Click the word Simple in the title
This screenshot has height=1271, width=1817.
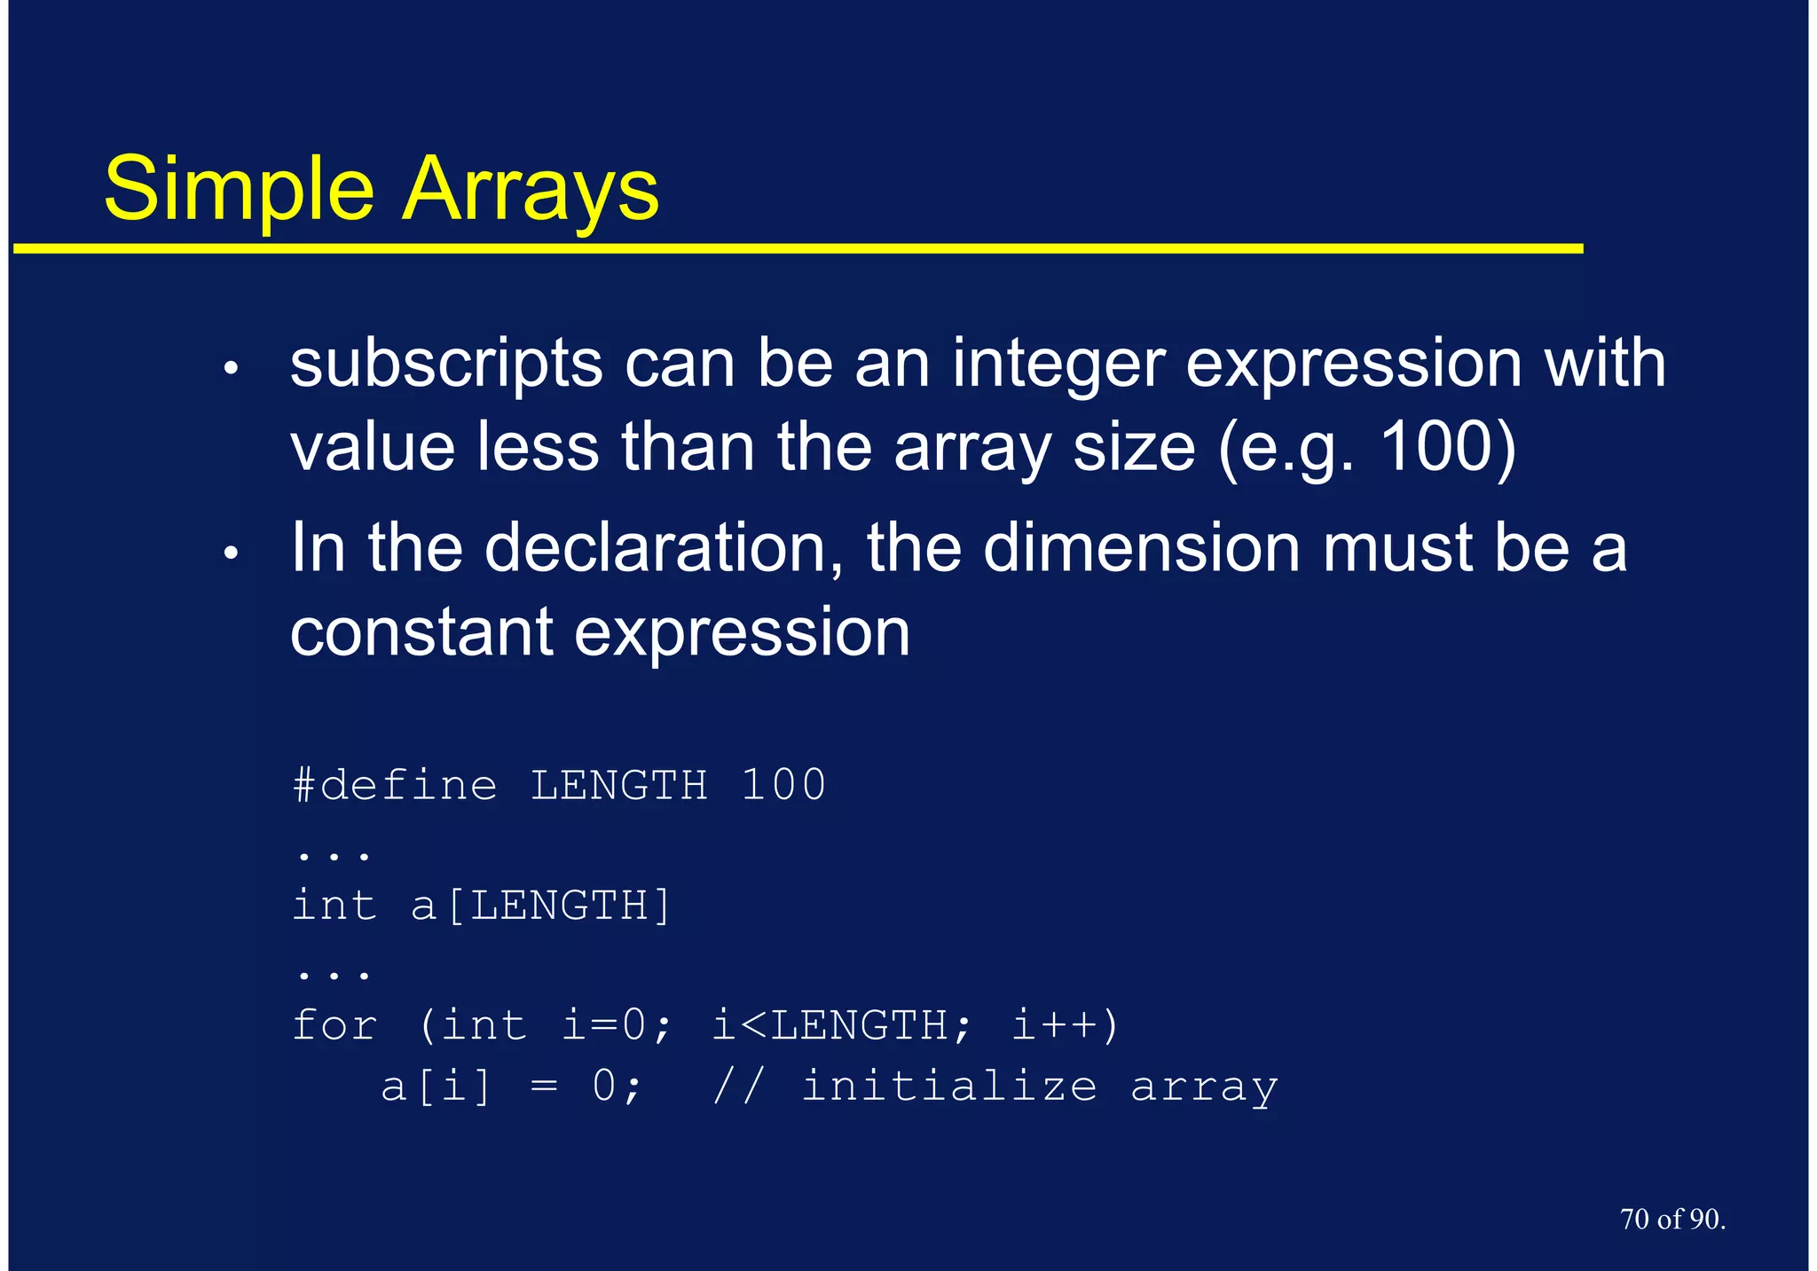(x=240, y=190)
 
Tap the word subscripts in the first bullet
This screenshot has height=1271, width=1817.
(x=446, y=364)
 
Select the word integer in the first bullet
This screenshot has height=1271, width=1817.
(x=1058, y=364)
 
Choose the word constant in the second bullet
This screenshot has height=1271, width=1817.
(x=421, y=632)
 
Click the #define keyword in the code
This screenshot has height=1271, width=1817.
(x=395, y=785)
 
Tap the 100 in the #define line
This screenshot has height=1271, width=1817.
(x=783, y=785)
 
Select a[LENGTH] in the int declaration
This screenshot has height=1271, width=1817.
(x=541, y=906)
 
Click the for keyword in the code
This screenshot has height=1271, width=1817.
(x=334, y=1026)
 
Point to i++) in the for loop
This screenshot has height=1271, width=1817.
(x=1066, y=1026)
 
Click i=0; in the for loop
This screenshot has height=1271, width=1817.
(x=617, y=1026)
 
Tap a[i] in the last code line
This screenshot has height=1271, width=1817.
(x=436, y=1087)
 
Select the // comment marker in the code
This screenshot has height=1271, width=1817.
(x=737, y=1087)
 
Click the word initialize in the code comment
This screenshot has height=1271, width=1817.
(x=948, y=1087)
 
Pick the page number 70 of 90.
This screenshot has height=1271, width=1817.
(x=1672, y=1220)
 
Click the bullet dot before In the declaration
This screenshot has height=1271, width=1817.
(x=232, y=553)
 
